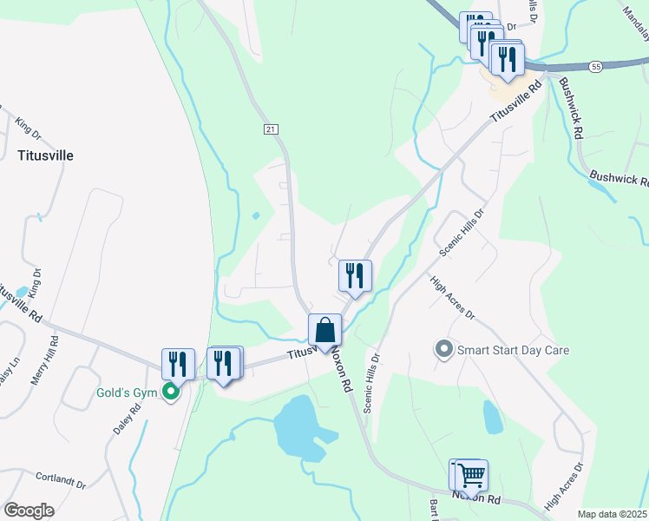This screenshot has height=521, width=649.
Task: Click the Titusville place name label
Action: click(x=45, y=155)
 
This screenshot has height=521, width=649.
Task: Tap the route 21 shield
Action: click(x=272, y=129)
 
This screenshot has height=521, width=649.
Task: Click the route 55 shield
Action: click(x=594, y=66)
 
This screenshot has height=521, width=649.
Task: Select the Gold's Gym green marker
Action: click(x=172, y=392)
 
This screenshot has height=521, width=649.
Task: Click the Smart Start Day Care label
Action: click(x=513, y=350)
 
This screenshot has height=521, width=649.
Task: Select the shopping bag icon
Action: click(x=324, y=330)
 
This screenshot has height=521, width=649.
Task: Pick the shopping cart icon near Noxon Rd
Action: click(x=471, y=475)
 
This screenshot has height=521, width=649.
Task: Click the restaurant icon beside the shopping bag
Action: click(x=355, y=276)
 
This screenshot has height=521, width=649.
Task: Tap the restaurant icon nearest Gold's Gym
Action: click(x=178, y=365)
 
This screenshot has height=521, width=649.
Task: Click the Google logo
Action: click(x=29, y=511)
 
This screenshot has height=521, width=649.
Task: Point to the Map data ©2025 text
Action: click(x=612, y=514)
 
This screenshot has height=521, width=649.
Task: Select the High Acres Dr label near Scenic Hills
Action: click(x=452, y=297)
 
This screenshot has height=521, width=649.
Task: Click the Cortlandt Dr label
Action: click(x=62, y=478)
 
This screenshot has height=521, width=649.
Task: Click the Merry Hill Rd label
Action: click(x=53, y=358)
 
